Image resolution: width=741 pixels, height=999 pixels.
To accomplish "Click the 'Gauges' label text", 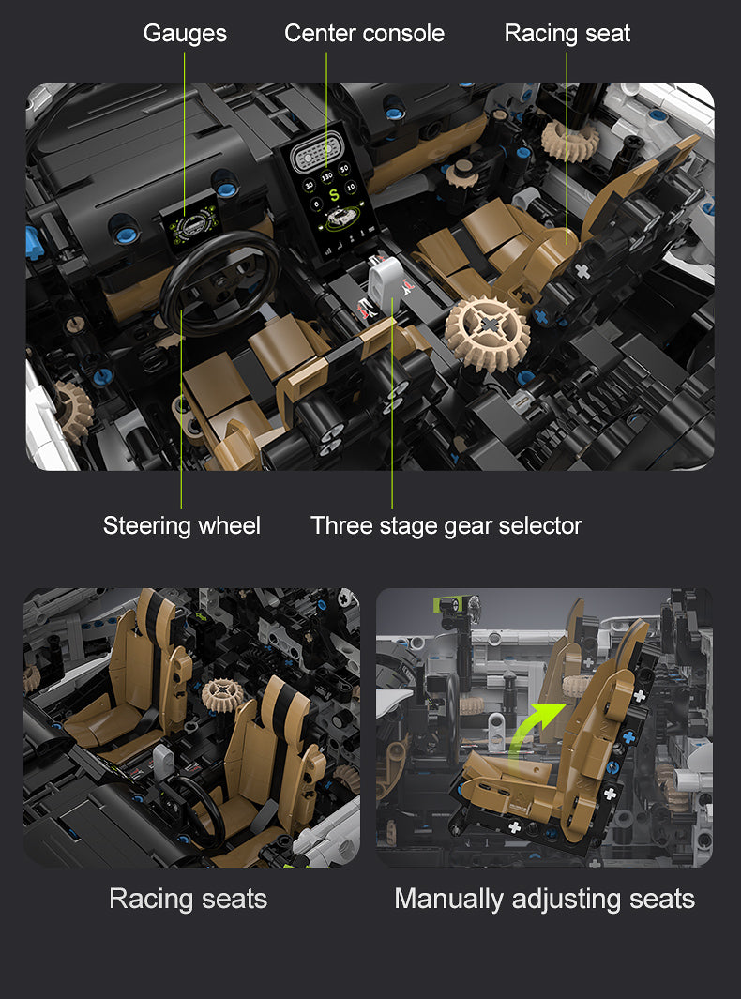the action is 185,33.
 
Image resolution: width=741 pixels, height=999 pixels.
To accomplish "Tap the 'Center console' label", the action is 365,33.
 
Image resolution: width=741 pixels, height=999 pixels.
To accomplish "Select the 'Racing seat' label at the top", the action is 567,33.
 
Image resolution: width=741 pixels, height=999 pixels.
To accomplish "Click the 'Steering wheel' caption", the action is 182,525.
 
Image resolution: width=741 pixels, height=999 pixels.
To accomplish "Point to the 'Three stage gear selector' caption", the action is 446,525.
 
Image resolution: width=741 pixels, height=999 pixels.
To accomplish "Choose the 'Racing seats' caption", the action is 188,899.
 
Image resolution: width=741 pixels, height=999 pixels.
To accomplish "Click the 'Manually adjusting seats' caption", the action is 545,899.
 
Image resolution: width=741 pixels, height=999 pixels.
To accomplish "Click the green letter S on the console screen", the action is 333,195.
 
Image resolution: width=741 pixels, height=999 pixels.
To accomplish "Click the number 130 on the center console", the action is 326,176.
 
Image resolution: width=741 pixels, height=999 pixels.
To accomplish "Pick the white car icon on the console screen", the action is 340,217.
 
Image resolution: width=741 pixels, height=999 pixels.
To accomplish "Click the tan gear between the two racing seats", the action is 222,694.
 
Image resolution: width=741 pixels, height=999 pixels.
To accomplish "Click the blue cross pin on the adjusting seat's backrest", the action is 628,737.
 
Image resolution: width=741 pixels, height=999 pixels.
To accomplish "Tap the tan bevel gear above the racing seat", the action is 570,140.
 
